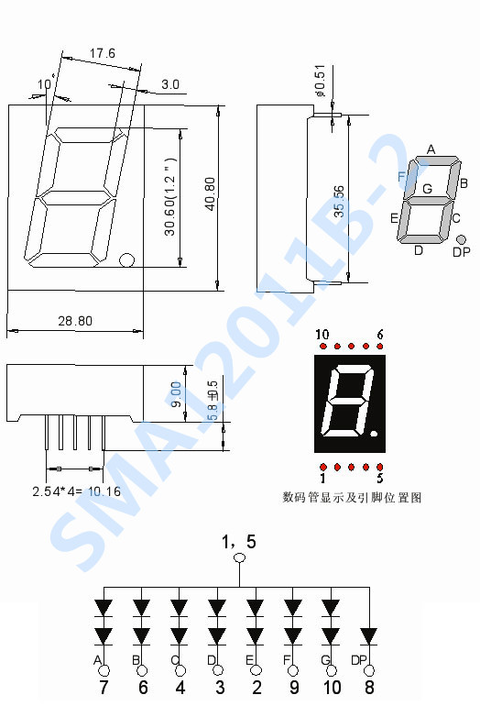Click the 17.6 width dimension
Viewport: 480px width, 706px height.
point(103,54)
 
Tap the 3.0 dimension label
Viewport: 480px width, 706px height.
point(170,84)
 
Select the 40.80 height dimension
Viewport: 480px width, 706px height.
point(210,195)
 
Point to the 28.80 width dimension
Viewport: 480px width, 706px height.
point(75,322)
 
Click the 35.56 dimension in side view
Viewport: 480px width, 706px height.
point(340,203)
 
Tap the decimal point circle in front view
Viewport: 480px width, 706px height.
point(126,260)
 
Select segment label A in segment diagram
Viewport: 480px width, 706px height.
point(431,149)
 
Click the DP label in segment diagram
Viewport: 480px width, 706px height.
point(462,252)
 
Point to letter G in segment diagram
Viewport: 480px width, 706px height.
point(427,189)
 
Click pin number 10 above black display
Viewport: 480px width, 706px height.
point(322,335)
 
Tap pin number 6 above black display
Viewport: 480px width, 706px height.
point(379,335)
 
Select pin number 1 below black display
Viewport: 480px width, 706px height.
point(322,478)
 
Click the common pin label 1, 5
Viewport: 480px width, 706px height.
point(239,542)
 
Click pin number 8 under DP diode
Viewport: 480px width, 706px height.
point(369,687)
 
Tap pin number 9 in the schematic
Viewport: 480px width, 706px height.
point(292,687)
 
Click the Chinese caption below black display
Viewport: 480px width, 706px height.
point(352,498)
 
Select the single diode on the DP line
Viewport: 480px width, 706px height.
point(369,634)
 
